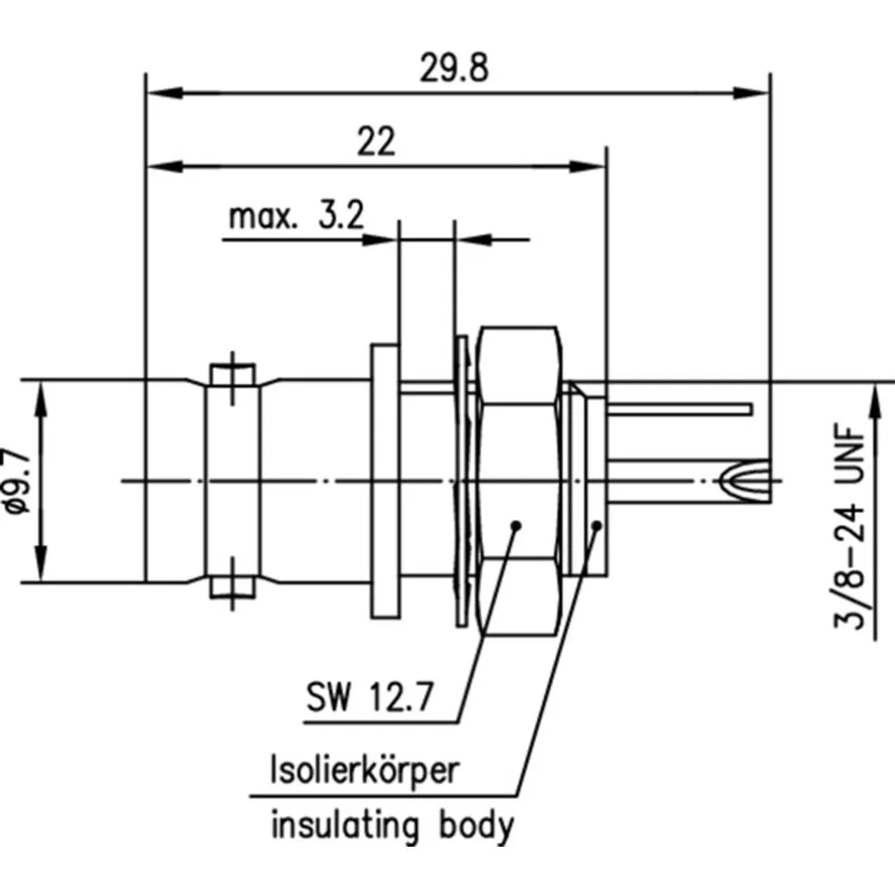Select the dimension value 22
coord(376,142)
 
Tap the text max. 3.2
coord(295,217)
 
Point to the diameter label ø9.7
coord(19,481)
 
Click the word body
coord(477,826)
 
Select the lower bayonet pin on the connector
coord(233,586)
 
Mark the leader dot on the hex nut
coord(516,525)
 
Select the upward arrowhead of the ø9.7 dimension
coord(41,394)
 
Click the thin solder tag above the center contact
coord(680,410)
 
